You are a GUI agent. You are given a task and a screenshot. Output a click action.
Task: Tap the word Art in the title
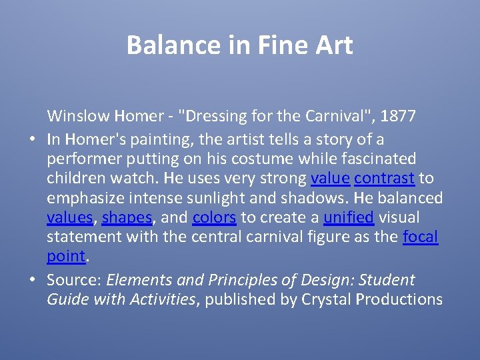(334, 45)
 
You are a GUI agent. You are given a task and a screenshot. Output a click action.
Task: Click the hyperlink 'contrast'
(385, 178)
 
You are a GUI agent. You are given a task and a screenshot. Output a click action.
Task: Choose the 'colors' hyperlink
(214, 218)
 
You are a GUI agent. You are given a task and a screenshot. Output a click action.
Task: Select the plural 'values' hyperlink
(69, 218)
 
